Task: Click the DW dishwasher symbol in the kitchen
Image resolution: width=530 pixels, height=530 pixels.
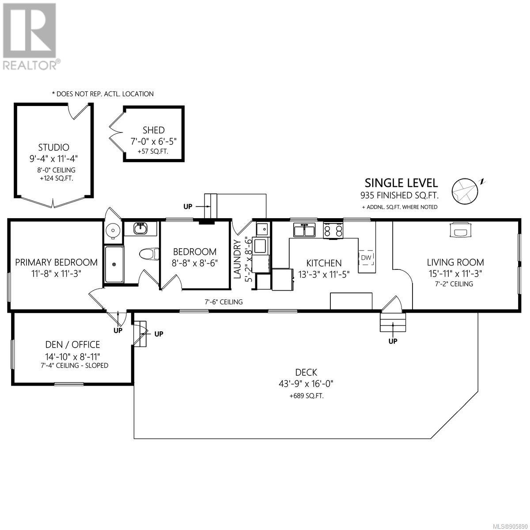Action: [x=366, y=257]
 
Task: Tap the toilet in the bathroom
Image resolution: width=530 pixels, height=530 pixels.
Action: [x=149, y=254]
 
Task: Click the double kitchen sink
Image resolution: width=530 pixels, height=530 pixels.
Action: [x=304, y=230]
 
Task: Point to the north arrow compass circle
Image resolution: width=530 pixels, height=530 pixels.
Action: [x=465, y=191]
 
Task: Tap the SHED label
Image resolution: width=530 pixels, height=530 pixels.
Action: [x=153, y=130]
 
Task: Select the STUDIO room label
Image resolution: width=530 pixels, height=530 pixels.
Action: [x=53, y=148]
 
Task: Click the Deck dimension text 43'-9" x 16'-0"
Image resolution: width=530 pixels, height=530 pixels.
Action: [x=306, y=384]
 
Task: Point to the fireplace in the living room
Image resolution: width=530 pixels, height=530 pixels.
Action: [x=460, y=229]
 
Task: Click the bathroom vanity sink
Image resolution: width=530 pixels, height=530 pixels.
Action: [x=140, y=228]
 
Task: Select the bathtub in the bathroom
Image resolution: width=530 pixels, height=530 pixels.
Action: [x=114, y=264]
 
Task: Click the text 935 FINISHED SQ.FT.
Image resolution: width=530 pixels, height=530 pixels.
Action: [x=399, y=195]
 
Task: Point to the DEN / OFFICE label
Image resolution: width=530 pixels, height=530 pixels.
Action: [x=72, y=344]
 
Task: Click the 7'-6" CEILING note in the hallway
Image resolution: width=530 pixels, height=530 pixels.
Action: [x=223, y=302]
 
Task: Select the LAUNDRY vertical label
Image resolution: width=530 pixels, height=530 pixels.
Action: [x=237, y=259]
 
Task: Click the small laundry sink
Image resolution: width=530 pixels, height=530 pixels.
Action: [x=262, y=229]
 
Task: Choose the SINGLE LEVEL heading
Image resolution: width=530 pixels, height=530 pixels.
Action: [x=401, y=183]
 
